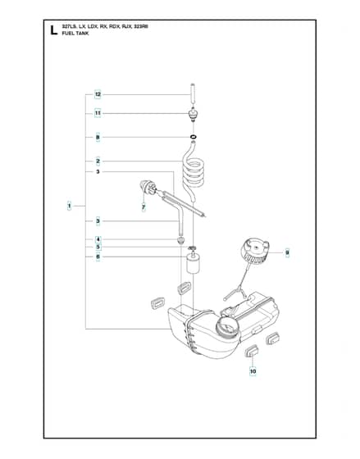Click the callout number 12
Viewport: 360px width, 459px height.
(98, 94)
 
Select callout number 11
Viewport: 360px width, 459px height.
(98, 113)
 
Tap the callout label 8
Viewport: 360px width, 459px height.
(98, 138)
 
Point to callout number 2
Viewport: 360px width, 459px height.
(98, 161)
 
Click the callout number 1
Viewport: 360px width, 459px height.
(70, 206)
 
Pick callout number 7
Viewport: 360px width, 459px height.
(144, 207)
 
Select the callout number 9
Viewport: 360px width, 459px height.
(287, 252)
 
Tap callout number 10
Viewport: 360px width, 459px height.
(253, 371)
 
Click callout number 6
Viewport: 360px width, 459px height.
(98, 257)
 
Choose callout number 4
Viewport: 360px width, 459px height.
(98, 239)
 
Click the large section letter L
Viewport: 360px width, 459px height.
(53, 30)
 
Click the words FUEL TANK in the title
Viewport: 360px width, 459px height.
(75, 34)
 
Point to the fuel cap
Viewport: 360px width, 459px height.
(254, 251)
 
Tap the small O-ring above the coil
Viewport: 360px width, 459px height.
(193, 137)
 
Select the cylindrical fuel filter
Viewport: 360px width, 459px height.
(193, 263)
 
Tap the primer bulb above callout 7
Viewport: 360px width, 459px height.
(148, 187)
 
